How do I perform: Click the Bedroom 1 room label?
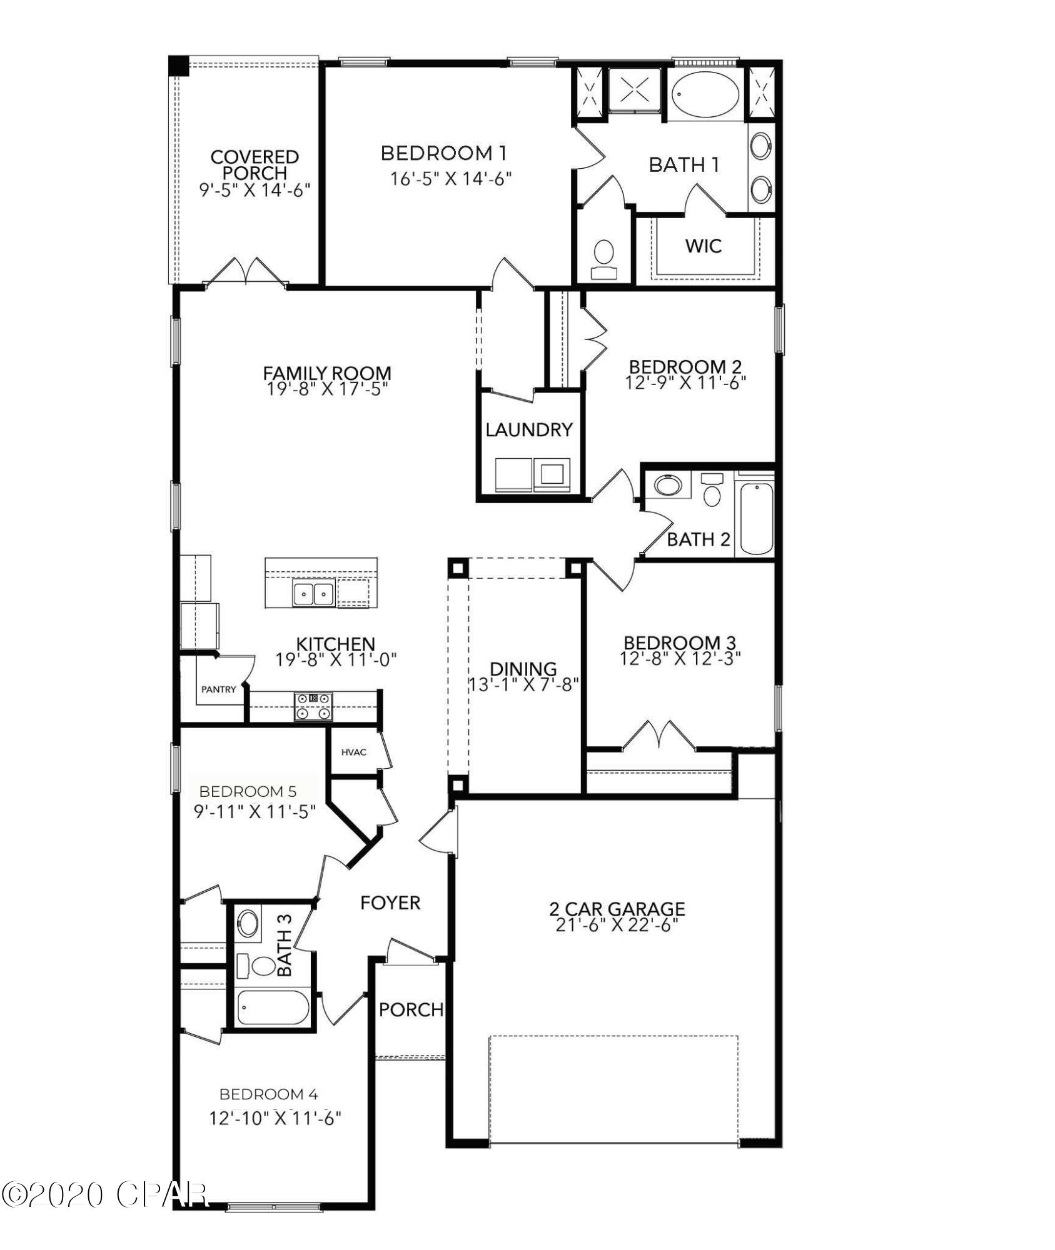tap(443, 152)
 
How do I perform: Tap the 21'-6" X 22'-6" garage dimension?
tap(617, 926)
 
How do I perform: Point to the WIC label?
tap(704, 246)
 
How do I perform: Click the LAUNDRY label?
tap(529, 429)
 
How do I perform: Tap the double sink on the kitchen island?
tap(313, 591)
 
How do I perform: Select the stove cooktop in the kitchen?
tap(313, 706)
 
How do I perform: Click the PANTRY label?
tap(218, 689)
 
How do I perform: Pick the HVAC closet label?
tap(353, 752)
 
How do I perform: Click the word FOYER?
tap(390, 902)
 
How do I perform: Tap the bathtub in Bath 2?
tap(755, 518)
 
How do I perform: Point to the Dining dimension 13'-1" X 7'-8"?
tap(524, 684)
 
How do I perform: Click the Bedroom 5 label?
tap(248, 791)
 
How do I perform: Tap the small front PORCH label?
tap(411, 1009)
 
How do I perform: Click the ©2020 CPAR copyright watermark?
tap(103, 1195)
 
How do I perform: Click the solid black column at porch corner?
tap(179, 65)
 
